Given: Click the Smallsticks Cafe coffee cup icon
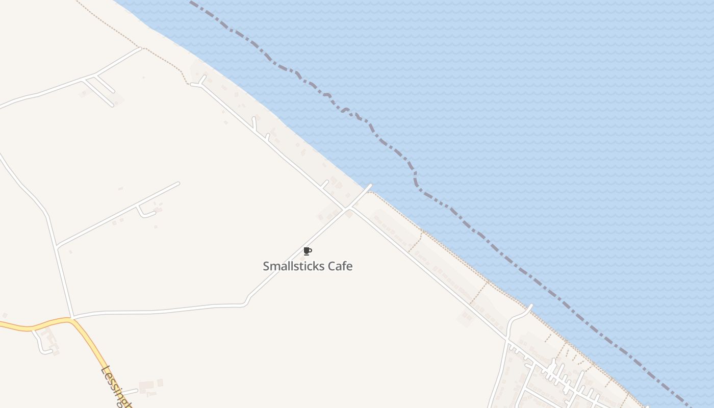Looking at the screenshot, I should pos(308,251).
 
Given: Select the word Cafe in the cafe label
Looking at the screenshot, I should pos(340,266).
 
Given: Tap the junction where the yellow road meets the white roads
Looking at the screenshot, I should pos(72,318).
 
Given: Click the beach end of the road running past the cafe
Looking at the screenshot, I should pos(370,186).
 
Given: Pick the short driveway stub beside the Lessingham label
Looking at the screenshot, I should pos(130,392).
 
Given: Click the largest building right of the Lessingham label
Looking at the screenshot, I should pos(147,385).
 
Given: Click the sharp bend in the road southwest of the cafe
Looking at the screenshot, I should pos(247,301).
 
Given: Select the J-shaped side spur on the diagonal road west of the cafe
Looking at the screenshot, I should pos(143,212).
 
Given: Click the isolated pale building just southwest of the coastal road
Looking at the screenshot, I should pos(466,317).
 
